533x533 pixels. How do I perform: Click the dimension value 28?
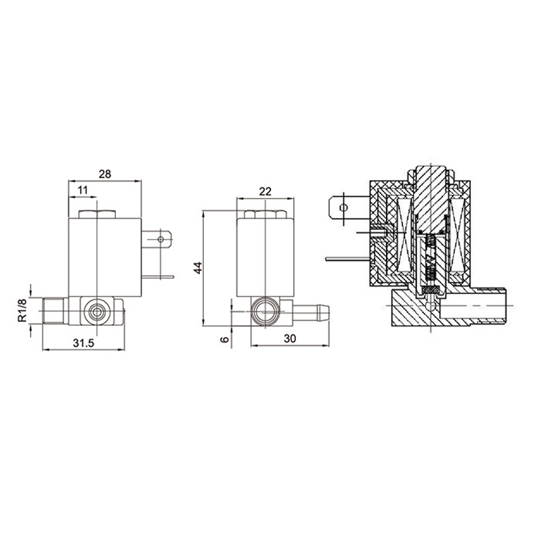click(105, 174)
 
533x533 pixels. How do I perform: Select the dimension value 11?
click(83, 190)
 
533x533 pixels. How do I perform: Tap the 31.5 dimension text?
click(83, 343)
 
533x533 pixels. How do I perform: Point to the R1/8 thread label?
click(23, 310)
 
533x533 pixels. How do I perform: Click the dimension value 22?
click(265, 192)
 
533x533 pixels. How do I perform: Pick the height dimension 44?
click(198, 268)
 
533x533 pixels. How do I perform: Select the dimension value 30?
click(290, 338)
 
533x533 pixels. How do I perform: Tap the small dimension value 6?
click(225, 339)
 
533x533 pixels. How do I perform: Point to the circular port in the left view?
click(97, 311)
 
